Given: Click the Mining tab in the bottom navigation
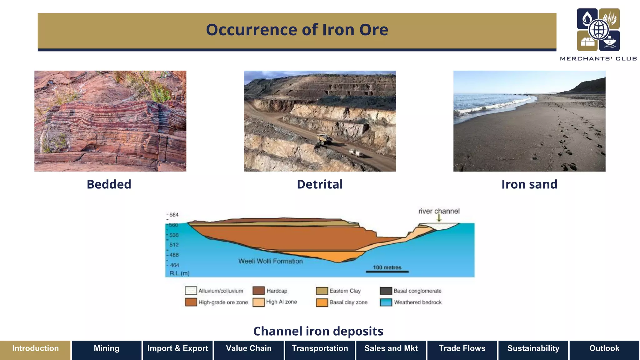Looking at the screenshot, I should pyautogui.click(x=107, y=348).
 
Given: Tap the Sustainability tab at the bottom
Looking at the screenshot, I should pyautogui.click(x=533, y=348).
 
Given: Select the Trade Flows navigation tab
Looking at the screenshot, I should pyautogui.click(x=462, y=348).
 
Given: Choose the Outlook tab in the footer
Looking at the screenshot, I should pyautogui.click(x=604, y=348).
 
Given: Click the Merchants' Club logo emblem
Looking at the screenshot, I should pyautogui.click(x=598, y=30).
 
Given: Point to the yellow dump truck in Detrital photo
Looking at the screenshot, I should pyautogui.click(x=324, y=139).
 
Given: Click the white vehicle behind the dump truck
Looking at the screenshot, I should pyautogui.click(x=356, y=153).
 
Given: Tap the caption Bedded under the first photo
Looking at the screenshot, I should pyautogui.click(x=109, y=184).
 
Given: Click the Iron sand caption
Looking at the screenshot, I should pyautogui.click(x=529, y=184).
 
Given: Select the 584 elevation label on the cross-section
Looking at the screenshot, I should pyautogui.click(x=174, y=215).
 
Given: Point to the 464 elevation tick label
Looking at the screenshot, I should pyautogui.click(x=174, y=265).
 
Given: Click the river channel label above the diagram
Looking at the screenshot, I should pyautogui.click(x=439, y=211).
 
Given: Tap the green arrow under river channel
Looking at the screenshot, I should pyautogui.click(x=439, y=218).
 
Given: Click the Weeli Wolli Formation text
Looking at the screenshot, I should pyautogui.click(x=270, y=261).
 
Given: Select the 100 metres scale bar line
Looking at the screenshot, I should pyautogui.click(x=387, y=272).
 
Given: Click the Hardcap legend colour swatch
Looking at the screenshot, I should pyautogui.click(x=258, y=291).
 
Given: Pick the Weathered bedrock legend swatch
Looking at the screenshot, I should pyautogui.click(x=386, y=302).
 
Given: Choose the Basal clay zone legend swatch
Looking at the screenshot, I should pyautogui.click(x=322, y=302).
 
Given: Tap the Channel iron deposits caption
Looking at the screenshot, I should pyautogui.click(x=318, y=331).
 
